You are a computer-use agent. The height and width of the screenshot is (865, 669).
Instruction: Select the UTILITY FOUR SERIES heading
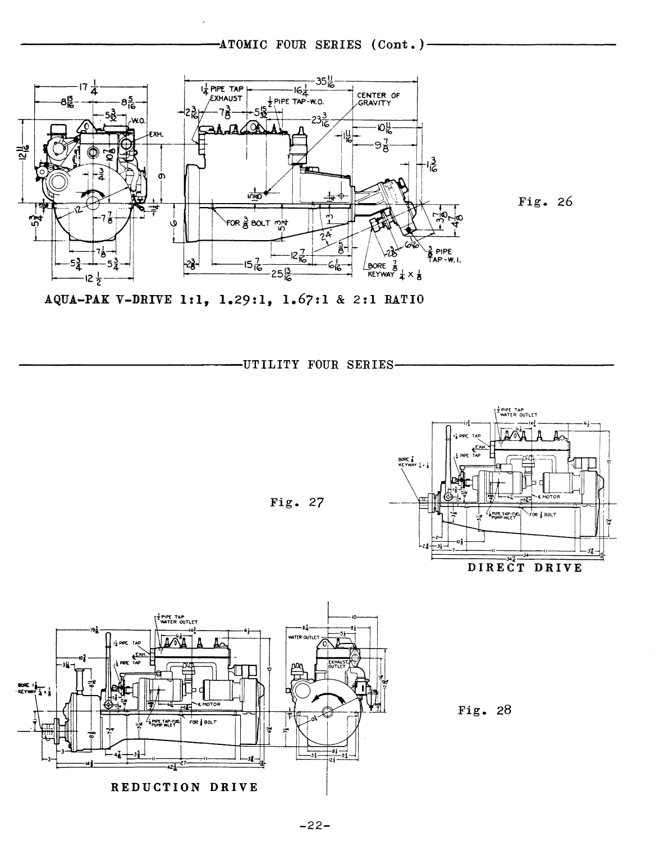pos(317,365)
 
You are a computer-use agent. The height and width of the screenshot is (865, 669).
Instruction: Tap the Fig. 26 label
pos(545,201)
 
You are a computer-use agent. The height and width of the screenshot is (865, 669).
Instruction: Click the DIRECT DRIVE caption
pos(525,568)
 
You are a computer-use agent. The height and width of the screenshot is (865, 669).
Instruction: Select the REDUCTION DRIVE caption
pos(184,787)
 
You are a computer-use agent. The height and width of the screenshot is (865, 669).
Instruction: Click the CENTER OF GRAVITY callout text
pos(378,99)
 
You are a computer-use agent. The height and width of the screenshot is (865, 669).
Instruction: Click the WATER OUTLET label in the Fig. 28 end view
pos(303,638)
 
